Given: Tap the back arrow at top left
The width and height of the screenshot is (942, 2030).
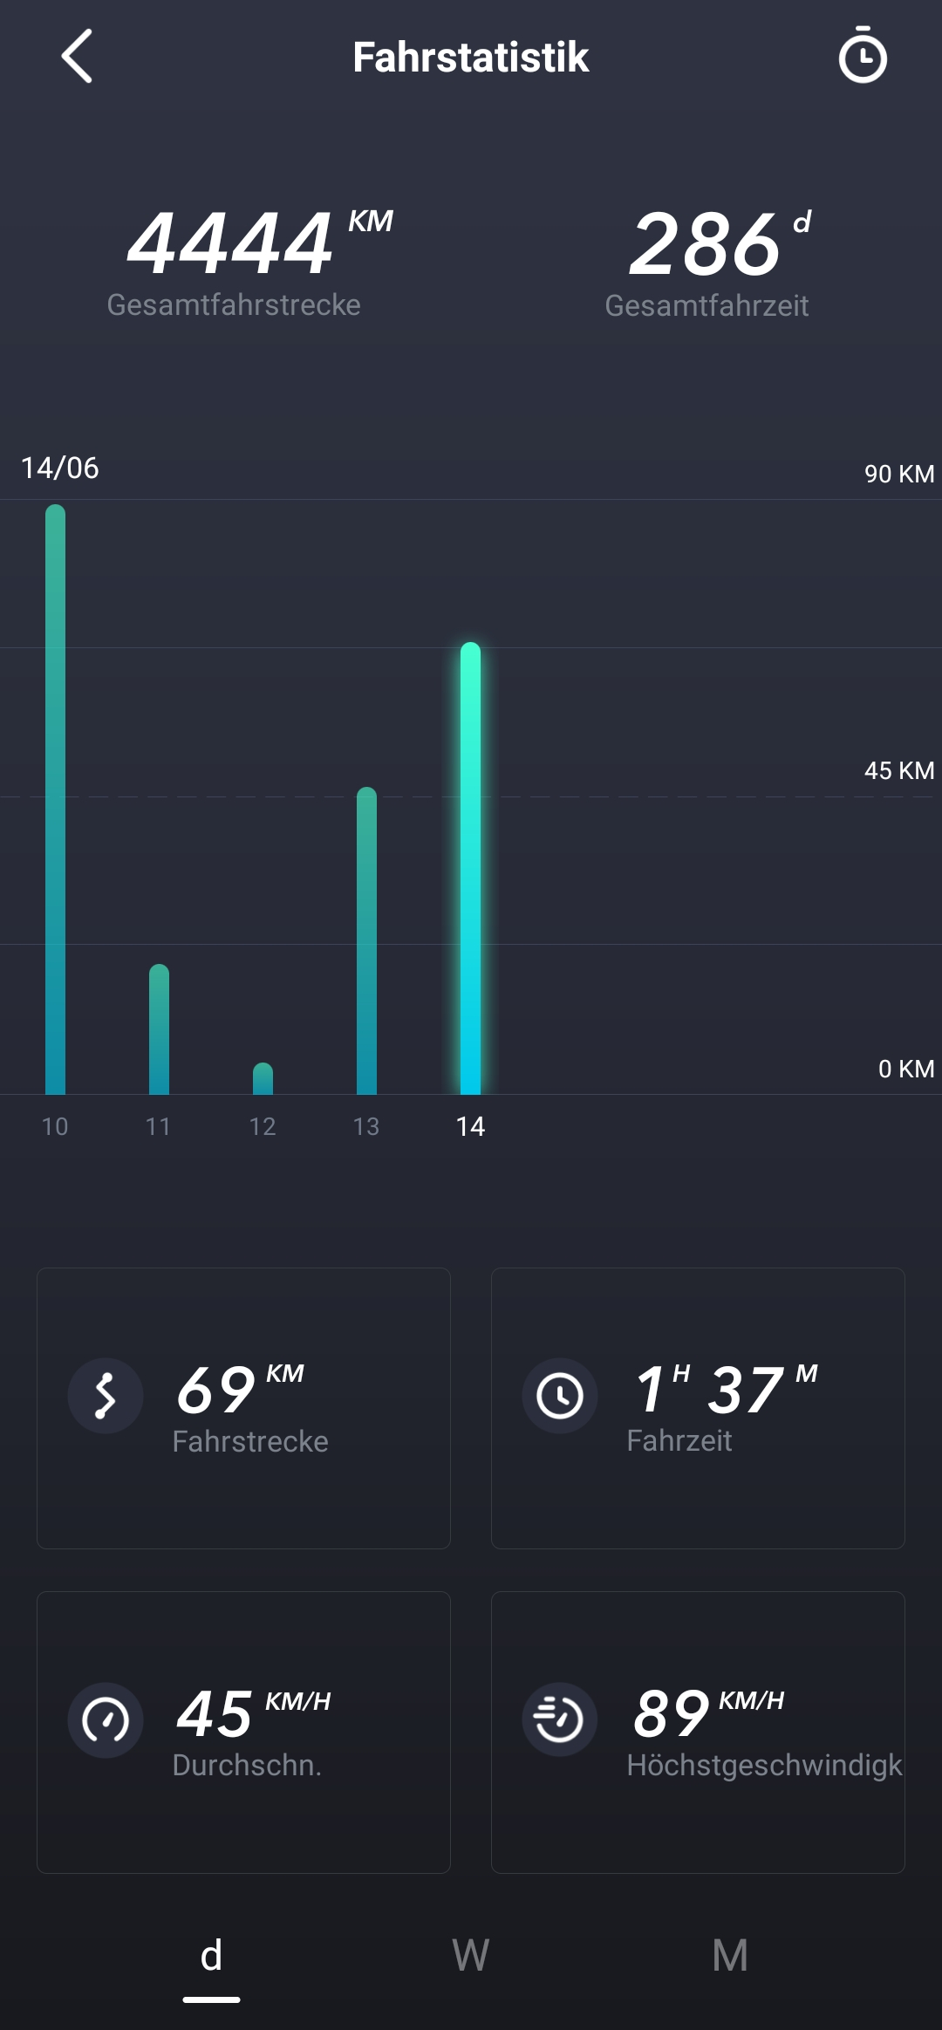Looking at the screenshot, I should coord(77,57).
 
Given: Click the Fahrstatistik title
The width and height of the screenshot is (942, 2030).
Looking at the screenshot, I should coord(470,58).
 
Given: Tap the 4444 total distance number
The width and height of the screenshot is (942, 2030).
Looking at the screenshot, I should coord(230,244).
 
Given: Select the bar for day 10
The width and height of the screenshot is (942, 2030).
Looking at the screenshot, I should coord(55,799).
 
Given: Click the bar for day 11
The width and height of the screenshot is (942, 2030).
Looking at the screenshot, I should coord(159,1029).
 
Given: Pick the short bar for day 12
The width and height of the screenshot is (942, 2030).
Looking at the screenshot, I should coord(263,1079).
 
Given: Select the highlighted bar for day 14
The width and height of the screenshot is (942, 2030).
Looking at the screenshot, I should coord(470,868).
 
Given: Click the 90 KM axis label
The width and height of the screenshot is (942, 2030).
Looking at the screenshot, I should coord(898,474).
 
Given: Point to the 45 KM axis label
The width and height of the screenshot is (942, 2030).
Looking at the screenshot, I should coord(898,770).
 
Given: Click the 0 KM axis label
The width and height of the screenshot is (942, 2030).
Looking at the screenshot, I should coord(905,1069).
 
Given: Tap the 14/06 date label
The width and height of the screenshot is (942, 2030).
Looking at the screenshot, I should coord(60,468).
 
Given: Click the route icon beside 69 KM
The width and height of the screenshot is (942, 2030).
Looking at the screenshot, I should coord(106,1396).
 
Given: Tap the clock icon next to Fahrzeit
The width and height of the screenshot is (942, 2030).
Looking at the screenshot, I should coord(559,1396).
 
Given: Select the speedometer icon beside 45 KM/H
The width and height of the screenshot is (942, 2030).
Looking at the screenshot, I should coord(106,1719).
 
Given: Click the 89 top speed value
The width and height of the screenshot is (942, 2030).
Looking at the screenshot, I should coord(671,1714).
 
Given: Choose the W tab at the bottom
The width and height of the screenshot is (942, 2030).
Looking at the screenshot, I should coord(470,1955).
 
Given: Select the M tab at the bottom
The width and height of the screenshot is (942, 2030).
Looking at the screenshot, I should coord(730,1955).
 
